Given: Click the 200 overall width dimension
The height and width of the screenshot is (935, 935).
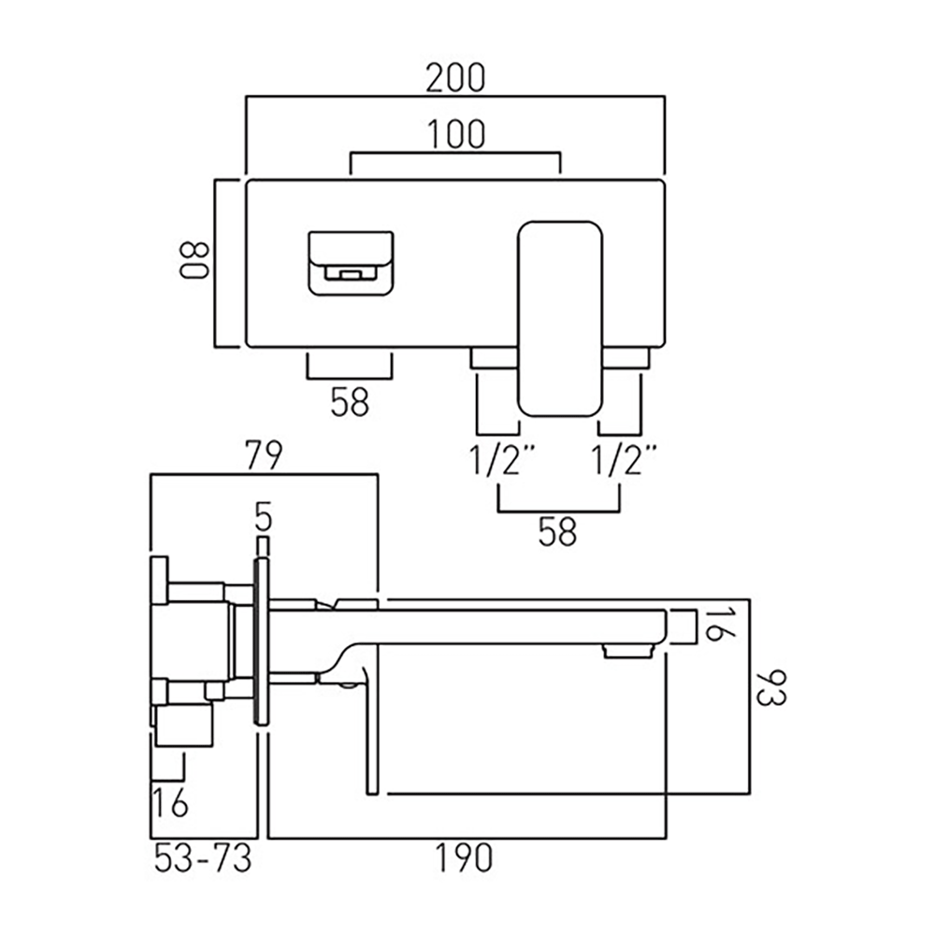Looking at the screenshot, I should click(455, 79).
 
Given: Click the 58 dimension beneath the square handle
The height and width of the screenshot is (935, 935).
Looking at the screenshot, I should click(350, 402).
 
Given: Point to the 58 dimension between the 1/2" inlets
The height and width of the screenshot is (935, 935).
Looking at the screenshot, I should click(557, 532).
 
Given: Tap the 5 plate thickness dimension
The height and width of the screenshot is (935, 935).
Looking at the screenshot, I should click(263, 516).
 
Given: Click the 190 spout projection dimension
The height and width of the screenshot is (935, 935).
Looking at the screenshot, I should click(465, 857).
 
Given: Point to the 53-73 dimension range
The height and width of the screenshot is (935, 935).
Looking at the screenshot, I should click(203, 857).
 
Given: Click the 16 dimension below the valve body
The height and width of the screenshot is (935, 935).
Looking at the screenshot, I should click(171, 802).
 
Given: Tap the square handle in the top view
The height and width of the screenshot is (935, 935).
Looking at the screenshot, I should click(350, 263).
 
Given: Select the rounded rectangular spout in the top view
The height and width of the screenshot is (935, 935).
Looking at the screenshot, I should click(559, 318).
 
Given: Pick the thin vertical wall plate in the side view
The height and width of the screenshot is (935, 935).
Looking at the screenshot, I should click(262, 641).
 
